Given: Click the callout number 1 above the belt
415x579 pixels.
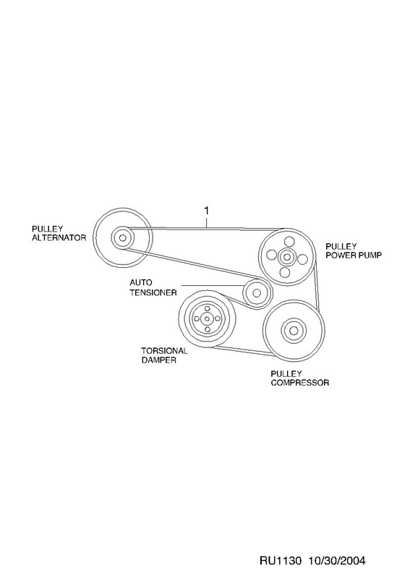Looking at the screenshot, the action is click(207, 211).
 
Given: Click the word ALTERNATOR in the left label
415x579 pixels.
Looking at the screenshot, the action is click(59, 238).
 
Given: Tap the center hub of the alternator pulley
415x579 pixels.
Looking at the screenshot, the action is click(122, 237).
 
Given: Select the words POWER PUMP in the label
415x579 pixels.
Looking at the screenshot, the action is click(354, 255).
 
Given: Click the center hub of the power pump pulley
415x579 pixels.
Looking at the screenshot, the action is click(286, 256).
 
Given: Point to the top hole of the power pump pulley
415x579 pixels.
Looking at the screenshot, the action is click(289, 242).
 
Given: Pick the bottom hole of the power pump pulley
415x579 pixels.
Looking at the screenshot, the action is click(284, 273).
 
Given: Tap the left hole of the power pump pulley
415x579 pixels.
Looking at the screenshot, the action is click(271, 255).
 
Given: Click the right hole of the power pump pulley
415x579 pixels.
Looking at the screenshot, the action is click(302, 259).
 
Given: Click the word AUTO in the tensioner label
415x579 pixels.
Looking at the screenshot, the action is click(141, 283).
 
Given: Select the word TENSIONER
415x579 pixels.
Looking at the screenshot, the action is click(153, 292).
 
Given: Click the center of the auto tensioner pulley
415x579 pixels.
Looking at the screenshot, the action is click(257, 293).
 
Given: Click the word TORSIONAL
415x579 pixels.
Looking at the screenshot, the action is click(165, 351).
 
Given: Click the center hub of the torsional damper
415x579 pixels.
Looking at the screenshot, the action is click(207, 318).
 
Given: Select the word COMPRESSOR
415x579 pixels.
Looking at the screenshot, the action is click(300, 383).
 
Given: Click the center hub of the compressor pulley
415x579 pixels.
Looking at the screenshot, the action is click(294, 330).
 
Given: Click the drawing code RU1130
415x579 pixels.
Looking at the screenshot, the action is click(281, 561).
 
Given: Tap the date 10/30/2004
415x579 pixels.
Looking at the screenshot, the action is click(337, 561).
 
